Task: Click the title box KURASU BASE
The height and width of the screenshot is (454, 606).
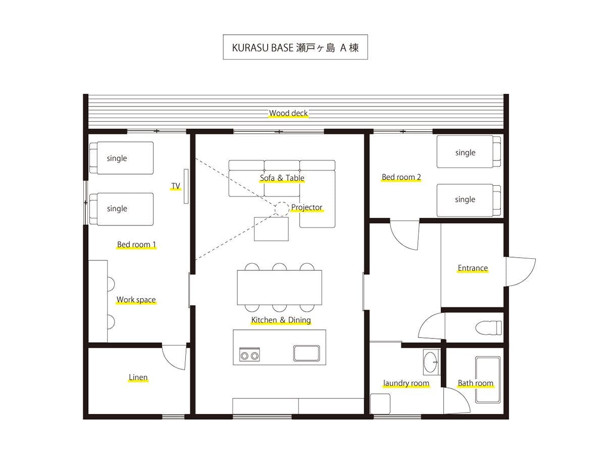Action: click(x=295, y=47)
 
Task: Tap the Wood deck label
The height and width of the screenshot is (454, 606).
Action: click(x=288, y=113)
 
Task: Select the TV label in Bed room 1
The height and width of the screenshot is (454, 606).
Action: click(x=176, y=186)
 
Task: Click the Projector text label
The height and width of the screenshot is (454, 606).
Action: click(x=307, y=207)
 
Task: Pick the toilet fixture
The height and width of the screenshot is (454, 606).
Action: click(x=488, y=327)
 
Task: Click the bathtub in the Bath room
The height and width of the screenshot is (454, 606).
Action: click(x=488, y=379)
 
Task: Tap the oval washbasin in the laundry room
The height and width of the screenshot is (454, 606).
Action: click(x=431, y=362)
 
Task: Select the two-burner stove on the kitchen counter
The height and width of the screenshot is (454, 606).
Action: click(x=249, y=355)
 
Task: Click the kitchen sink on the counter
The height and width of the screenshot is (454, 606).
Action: click(x=307, y=353)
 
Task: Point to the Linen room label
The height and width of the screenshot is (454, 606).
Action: click(x=138, y=377)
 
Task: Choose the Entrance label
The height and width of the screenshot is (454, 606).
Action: click(x=473, y=268)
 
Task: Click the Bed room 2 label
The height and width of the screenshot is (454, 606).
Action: click(x=401, y=177)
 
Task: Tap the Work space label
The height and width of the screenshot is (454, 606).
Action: click(x=136, y=300)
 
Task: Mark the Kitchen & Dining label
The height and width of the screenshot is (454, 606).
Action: click(x=281, y=320)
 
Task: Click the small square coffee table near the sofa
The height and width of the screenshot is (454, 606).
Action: click(x=271, y=229)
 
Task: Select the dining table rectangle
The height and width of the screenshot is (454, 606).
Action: click(x=279, y=288)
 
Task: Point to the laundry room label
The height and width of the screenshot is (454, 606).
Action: click(x=406, y=383)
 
